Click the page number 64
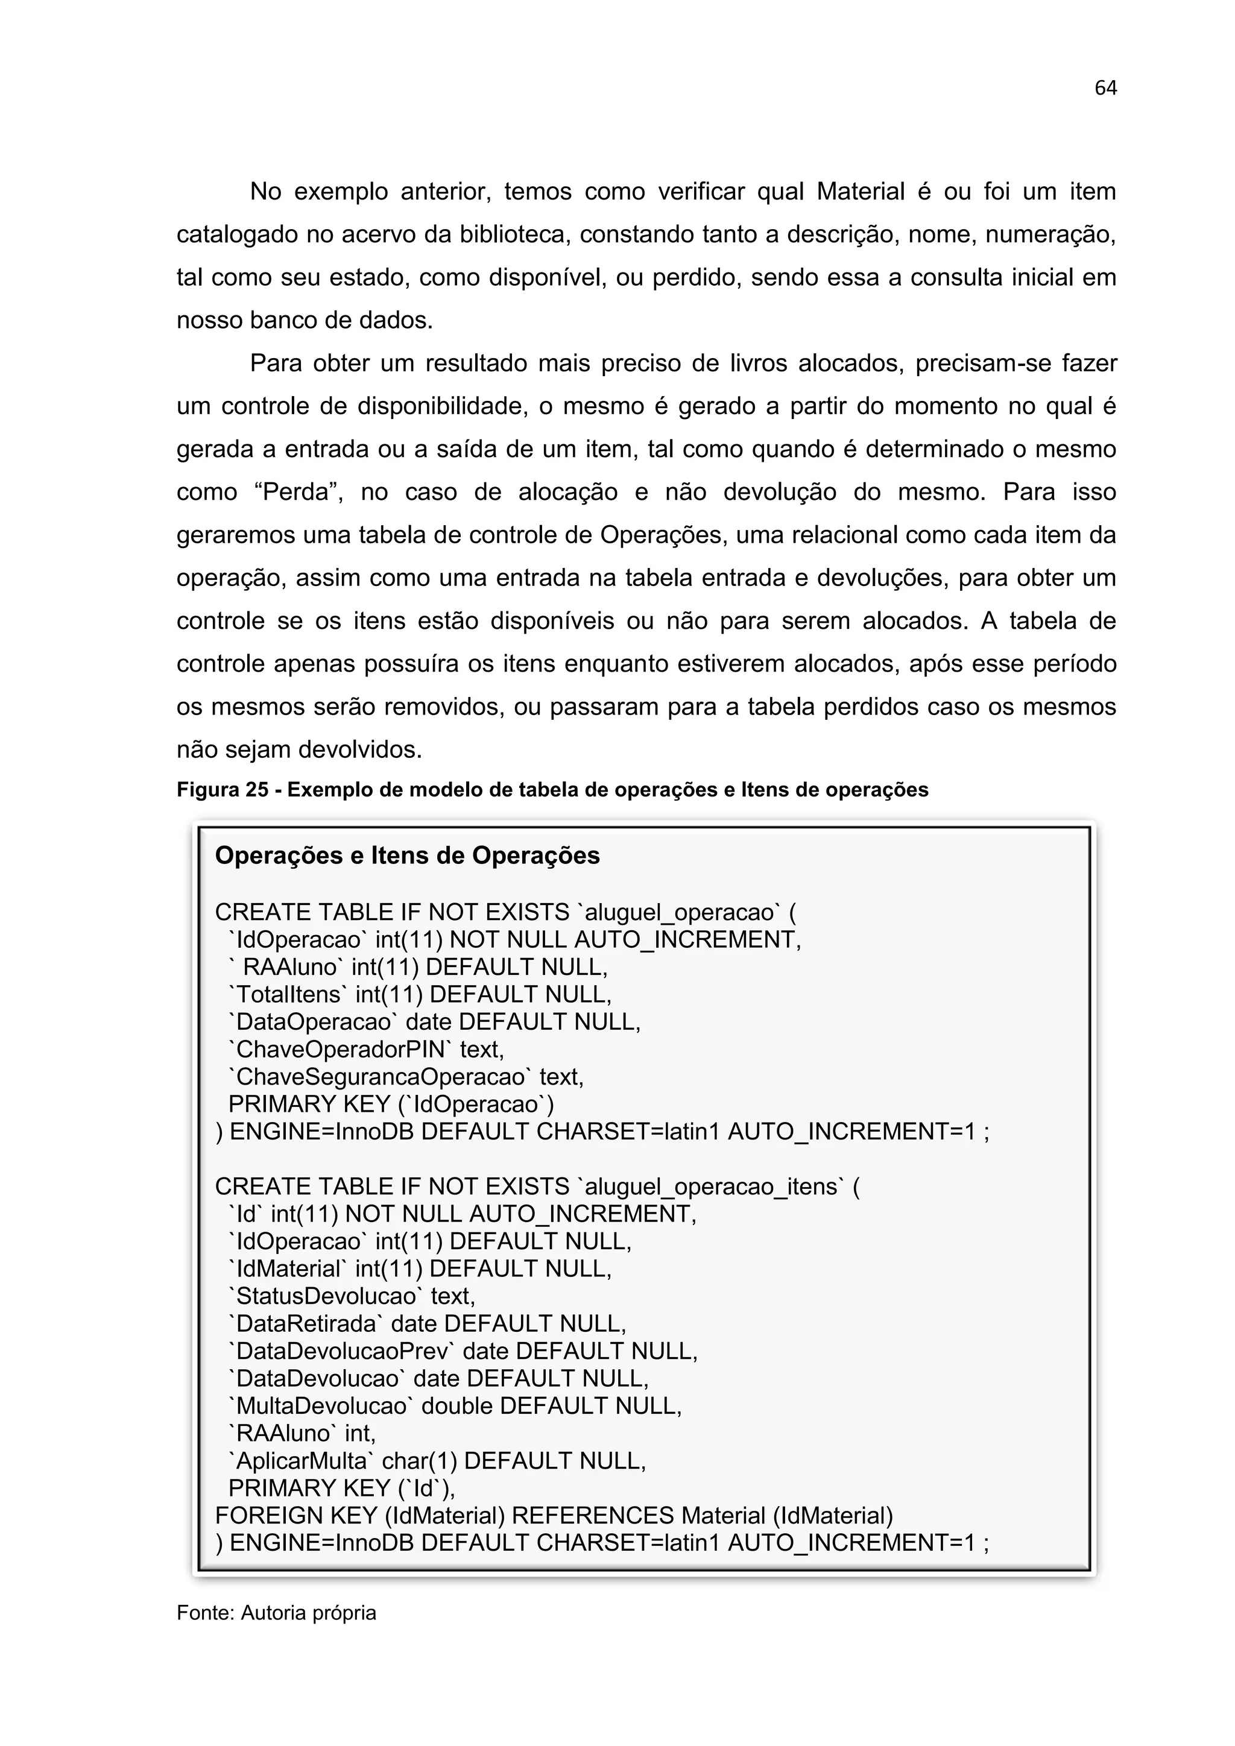(1105, 88)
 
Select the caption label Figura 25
(222, 790)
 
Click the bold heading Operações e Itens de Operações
(407, 856)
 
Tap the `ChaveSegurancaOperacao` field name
(381, 1076)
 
